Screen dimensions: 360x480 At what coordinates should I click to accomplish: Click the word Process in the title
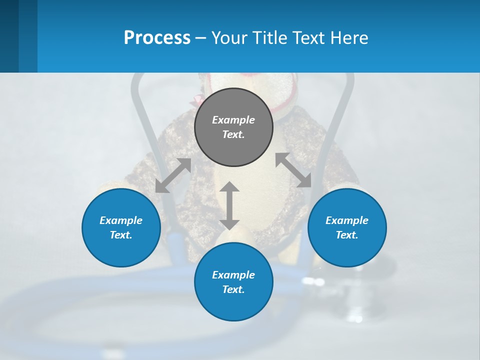pyautogui.click(x=157, y=38)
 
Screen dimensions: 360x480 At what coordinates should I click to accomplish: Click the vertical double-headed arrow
pyautogui.click(x=229, y=206)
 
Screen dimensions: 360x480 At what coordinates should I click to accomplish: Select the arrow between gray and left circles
pyautogui.click(x=173, y=175)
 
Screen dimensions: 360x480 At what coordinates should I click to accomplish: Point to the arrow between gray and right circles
pyautogui.click(x=293, y=170)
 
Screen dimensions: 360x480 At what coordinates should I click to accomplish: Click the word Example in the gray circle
pyautogui.click(x=233, y=120)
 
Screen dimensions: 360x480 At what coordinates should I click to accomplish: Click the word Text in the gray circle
pyautogui.click(x=232, y=134)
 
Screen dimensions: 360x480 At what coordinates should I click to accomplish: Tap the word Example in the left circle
pyautogui.click(x=121, y=220)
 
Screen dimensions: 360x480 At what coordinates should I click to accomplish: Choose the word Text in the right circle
pyautogui.click(x=346, y=235)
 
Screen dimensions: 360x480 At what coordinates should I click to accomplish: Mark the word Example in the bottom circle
pyautogui.click(x=233, y=275)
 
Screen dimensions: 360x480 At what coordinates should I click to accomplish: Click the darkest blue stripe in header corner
pyautogui.click(x=9, y=36)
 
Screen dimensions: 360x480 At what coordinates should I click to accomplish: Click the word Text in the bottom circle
pyautogui.click(x=232, y=289)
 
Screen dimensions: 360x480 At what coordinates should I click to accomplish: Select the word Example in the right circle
pyautogui.click(x=347, y=220)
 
